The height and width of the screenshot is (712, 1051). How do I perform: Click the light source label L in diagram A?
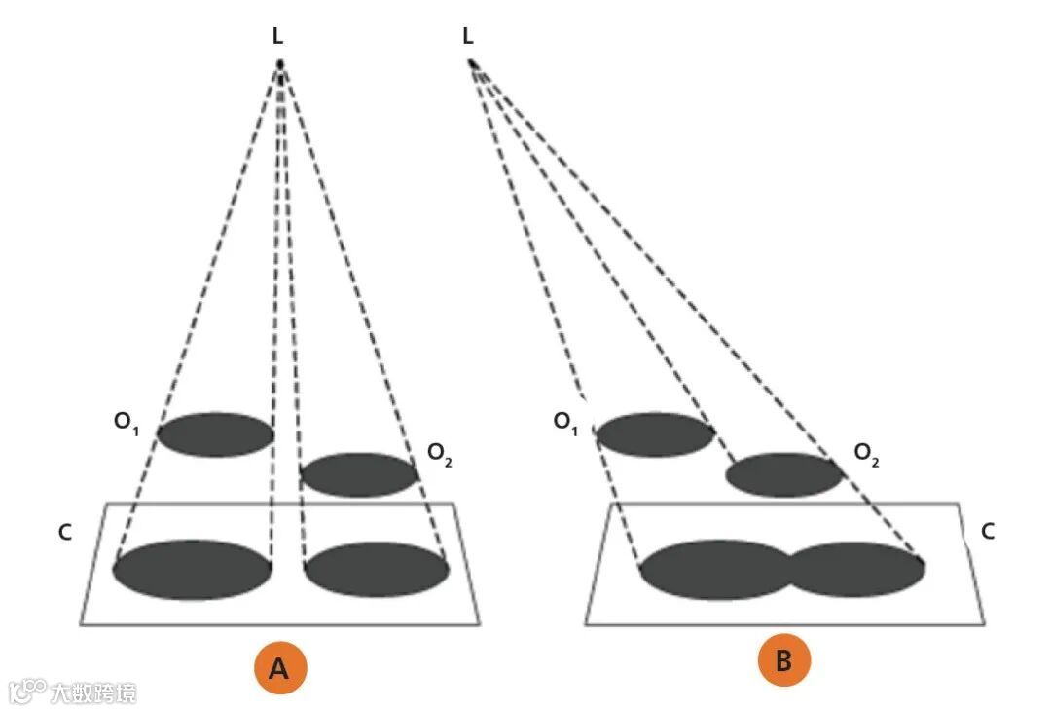pos(279,37)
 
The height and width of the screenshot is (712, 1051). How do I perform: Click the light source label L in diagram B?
pos(468,37)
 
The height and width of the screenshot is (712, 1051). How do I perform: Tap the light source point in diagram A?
pos(280,65)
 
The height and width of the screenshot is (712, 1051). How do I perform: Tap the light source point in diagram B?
pos(472,64)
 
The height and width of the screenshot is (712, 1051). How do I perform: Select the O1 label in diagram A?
pos(127,422)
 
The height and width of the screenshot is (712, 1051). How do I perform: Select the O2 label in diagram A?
pos(439,455)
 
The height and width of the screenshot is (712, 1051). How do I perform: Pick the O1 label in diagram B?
pos(566,422)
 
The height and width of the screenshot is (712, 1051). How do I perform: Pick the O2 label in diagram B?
pos(866,454)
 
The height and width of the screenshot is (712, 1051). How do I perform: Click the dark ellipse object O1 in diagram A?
pos(215,434)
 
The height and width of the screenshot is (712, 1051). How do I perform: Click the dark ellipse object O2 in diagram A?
pos(359,474)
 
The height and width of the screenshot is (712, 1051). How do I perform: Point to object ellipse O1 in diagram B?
pos(655,434)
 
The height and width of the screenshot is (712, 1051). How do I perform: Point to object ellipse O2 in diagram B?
pos(784,474)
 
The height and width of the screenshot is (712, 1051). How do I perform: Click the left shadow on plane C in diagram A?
pos(193,570)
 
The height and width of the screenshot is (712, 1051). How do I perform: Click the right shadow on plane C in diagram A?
pos(377,570)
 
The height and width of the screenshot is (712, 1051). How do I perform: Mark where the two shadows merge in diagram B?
pos(791,570)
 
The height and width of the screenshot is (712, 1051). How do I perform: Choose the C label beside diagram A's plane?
pos(65,533)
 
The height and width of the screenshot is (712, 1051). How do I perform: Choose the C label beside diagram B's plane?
pos(987,531)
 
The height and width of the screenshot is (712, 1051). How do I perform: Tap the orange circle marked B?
pos(783,661)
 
